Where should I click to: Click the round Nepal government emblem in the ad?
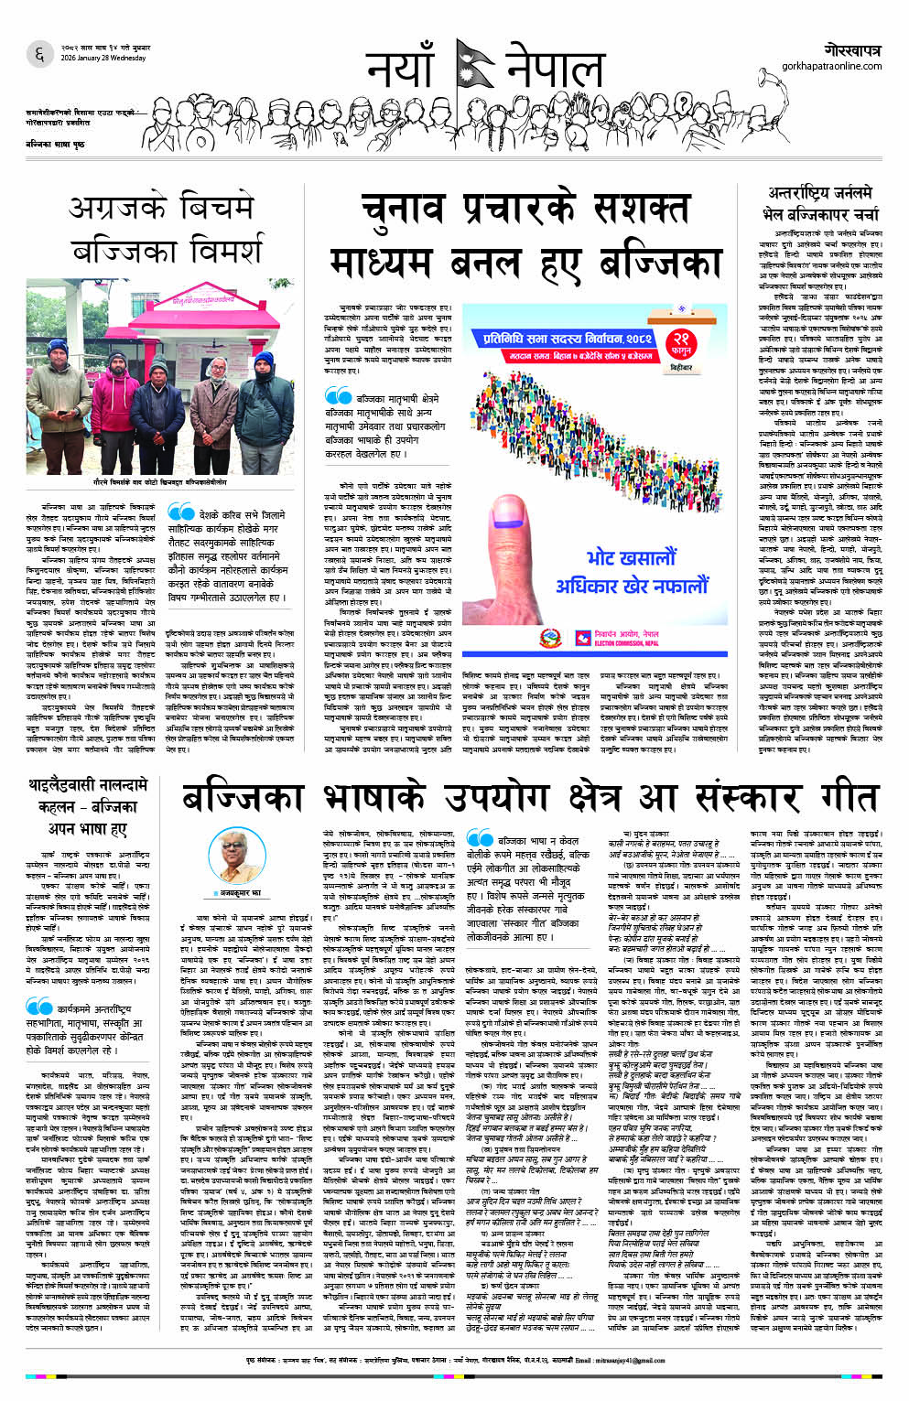pos(549,637)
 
